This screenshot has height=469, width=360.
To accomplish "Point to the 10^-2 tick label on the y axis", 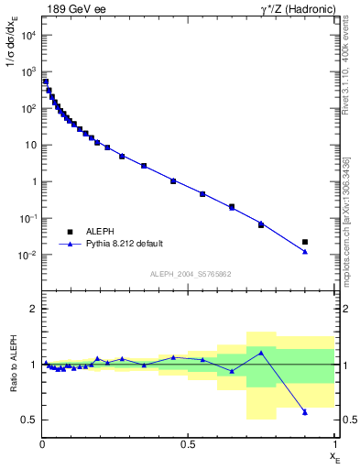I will coord(26,255).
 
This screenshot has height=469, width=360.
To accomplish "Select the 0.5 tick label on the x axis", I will coord(188,444).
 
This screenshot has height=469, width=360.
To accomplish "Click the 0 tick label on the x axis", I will coord(42,444).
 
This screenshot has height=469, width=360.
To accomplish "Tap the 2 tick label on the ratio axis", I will coord(32,309).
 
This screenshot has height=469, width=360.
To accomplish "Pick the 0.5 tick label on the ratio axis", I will coord(28,420).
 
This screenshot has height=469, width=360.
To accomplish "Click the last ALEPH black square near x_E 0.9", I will coord(305,242).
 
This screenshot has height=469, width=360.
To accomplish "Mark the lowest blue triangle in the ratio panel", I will coord(305,412).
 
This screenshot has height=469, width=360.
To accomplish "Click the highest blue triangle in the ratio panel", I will coord(261,352).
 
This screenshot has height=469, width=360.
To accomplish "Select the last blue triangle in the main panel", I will coord(305,252).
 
